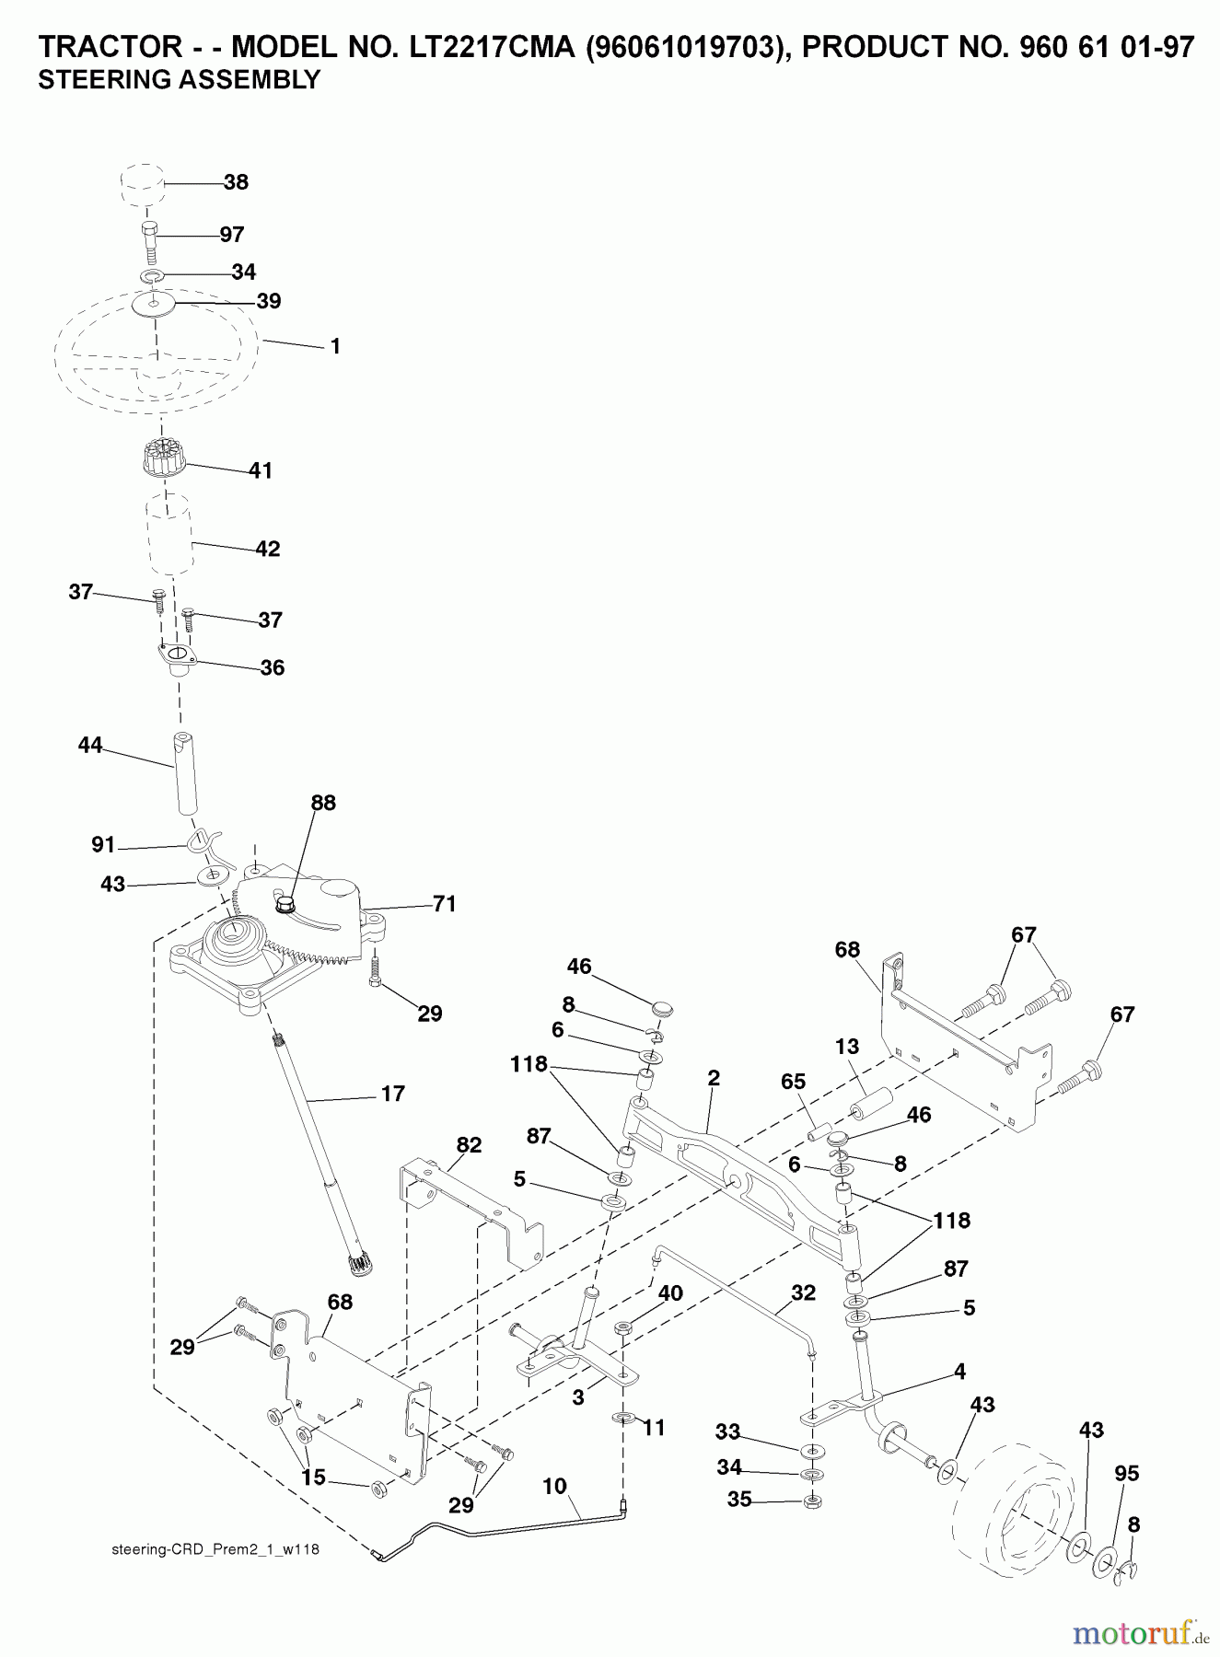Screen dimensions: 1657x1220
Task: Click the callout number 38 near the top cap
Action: pos(236,182)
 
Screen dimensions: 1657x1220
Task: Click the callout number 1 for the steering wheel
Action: pos(335,346)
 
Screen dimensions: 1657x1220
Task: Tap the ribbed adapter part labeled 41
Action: pos(165,458)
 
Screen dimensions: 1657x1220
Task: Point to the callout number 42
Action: pos(267,549)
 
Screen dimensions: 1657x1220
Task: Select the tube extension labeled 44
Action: pos(187,773)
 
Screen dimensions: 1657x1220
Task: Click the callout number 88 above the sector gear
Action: pos(323,803)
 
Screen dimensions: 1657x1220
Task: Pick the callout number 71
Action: pos(445,904)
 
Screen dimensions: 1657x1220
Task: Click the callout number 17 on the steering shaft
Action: pos(392,1094)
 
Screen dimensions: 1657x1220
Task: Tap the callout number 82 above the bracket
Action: pos(469,1145)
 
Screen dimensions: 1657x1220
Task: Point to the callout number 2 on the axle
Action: pos(714,1078)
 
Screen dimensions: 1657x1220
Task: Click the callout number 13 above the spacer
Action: pos(847,1046)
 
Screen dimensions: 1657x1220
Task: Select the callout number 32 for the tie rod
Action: pos(803,1292)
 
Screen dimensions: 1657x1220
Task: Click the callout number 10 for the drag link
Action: pos(554,1486)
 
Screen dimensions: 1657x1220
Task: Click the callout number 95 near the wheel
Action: pos(1127,1473)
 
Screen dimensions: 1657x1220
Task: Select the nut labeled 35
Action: pos(813,1502)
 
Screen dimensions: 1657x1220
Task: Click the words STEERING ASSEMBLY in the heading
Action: pos(179,80)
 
